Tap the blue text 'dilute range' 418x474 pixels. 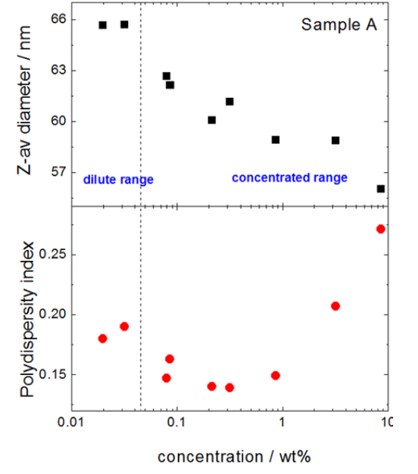[118, 180]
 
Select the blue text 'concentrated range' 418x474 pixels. [289, 177]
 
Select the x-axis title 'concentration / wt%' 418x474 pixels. [235, 457]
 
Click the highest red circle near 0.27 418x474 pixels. [381, 229]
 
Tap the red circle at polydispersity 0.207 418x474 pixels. [335, 306]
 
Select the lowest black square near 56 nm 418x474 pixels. [381, 189]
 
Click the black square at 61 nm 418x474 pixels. [230, 101]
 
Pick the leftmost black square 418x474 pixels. [103, 25]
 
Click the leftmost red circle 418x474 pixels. [103, 338]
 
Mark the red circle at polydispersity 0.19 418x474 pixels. [124, 326]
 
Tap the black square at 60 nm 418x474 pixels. [212, 120]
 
